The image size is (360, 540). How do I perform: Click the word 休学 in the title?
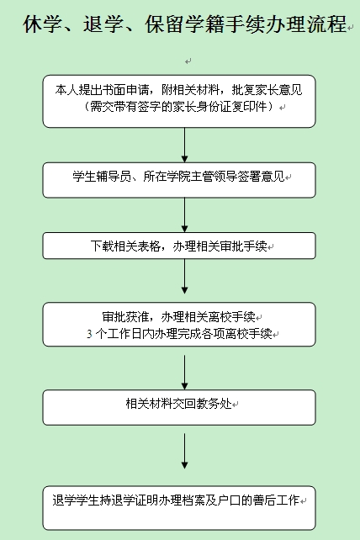tap(42, 24)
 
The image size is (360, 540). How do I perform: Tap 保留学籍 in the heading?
tap(184, 24)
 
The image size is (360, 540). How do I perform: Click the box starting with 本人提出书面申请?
tap(179, 101)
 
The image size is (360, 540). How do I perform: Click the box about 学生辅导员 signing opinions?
tap(179, 180)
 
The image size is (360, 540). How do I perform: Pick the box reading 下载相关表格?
tap(179, 246)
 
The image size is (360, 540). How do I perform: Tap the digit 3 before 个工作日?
tap(89, 334)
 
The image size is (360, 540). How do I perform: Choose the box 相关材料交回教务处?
tap(179, 407)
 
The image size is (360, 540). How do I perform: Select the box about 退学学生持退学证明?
tap(179, 508)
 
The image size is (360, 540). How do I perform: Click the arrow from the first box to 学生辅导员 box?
tap(185, 145)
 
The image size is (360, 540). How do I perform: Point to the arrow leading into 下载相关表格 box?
tap(185, 214)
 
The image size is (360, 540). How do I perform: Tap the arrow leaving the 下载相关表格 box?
tap(185, 276)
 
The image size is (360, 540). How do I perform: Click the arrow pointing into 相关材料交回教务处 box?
tap(185, 373)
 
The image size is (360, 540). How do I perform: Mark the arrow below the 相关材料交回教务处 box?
tap(185, 451)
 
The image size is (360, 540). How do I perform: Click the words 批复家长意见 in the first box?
tap(267, 90)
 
